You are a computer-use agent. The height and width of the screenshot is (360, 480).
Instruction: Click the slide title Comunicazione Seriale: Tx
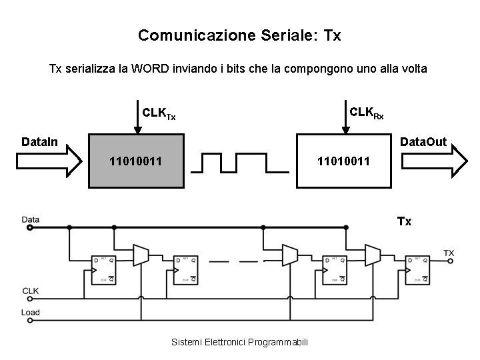coord(239,35)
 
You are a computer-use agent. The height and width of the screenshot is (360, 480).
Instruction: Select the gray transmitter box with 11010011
coord(137,161)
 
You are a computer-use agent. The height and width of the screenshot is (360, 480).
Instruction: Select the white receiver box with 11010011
coord(343,161)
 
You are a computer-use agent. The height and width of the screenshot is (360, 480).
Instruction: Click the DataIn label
coord(39,142)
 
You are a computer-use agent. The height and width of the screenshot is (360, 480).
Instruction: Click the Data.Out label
coord(423,142)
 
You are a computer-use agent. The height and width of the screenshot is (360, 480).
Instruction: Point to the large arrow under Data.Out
coord(434,161)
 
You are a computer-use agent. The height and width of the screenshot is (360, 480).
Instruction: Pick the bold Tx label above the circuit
coord(404,221)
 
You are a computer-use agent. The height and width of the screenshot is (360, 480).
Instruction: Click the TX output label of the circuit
coord(449,253)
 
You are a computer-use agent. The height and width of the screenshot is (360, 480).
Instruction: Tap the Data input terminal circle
coord(29,228)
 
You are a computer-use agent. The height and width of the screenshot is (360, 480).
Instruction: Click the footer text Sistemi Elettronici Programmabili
coord(239,342)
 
